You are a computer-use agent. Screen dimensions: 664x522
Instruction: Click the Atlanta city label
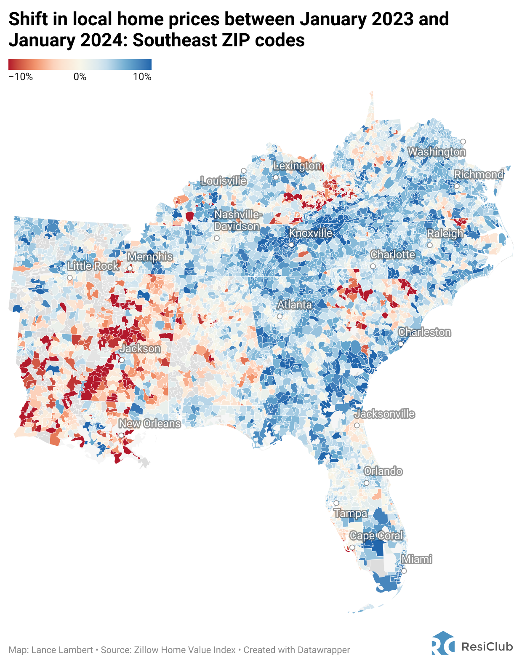click(x=294, y=305)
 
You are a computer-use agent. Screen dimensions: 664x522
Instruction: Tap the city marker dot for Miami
click(x=404, y=571)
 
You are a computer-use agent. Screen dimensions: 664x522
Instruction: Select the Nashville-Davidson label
click(x=237, y=221)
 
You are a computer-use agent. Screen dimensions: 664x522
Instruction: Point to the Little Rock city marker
click(x=70, y=277)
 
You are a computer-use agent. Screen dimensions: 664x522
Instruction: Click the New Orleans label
click(x=149, y=423)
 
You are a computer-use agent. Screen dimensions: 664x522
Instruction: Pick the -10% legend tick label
click(x=21, y=77)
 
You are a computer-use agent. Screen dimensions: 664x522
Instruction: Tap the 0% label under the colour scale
click(x=80, y=77)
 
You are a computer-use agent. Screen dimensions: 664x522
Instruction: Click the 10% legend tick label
click(x=142, y=77)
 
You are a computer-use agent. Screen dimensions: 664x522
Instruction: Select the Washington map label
click(x=437, y=152)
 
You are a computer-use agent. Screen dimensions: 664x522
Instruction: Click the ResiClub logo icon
click(x=442, y=643)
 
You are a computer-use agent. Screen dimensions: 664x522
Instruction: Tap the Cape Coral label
click(x=376, y=536)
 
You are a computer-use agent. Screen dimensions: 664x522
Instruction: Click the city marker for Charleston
click(x=401, y=344)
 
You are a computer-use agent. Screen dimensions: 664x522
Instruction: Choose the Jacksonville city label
click(x=384, y=414)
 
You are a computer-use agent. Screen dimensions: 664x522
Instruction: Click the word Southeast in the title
click(x=180, y=40)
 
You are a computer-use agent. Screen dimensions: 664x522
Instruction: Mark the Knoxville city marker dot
click(x=291, y=244)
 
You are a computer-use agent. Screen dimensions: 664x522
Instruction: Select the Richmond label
click(x=479, y=174)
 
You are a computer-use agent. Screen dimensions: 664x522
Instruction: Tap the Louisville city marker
click(x=243, y=171)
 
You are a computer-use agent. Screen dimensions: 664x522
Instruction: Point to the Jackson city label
click(x=140, y=349)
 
